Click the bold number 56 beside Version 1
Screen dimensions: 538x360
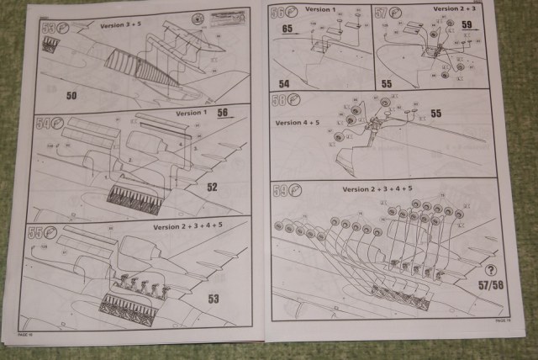click(223, 112)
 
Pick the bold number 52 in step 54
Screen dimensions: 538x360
click(213, 187)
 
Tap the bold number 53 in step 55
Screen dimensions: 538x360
click(213, 298)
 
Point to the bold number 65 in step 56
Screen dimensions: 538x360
click(287, 28)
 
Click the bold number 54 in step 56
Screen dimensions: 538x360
click(284, 84)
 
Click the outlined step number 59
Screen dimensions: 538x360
click(282, 191)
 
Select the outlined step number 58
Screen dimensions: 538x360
click(282, 101)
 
